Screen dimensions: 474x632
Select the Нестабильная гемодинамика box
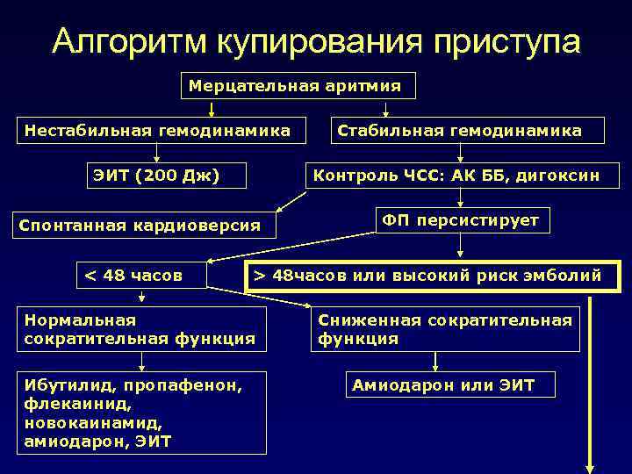157,131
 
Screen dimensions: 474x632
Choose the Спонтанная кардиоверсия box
140,226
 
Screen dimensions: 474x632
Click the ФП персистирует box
461,219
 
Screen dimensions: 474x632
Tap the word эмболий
564,276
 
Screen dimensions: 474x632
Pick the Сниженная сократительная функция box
445,329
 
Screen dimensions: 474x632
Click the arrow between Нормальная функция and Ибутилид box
142,362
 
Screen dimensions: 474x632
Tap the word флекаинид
66,404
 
